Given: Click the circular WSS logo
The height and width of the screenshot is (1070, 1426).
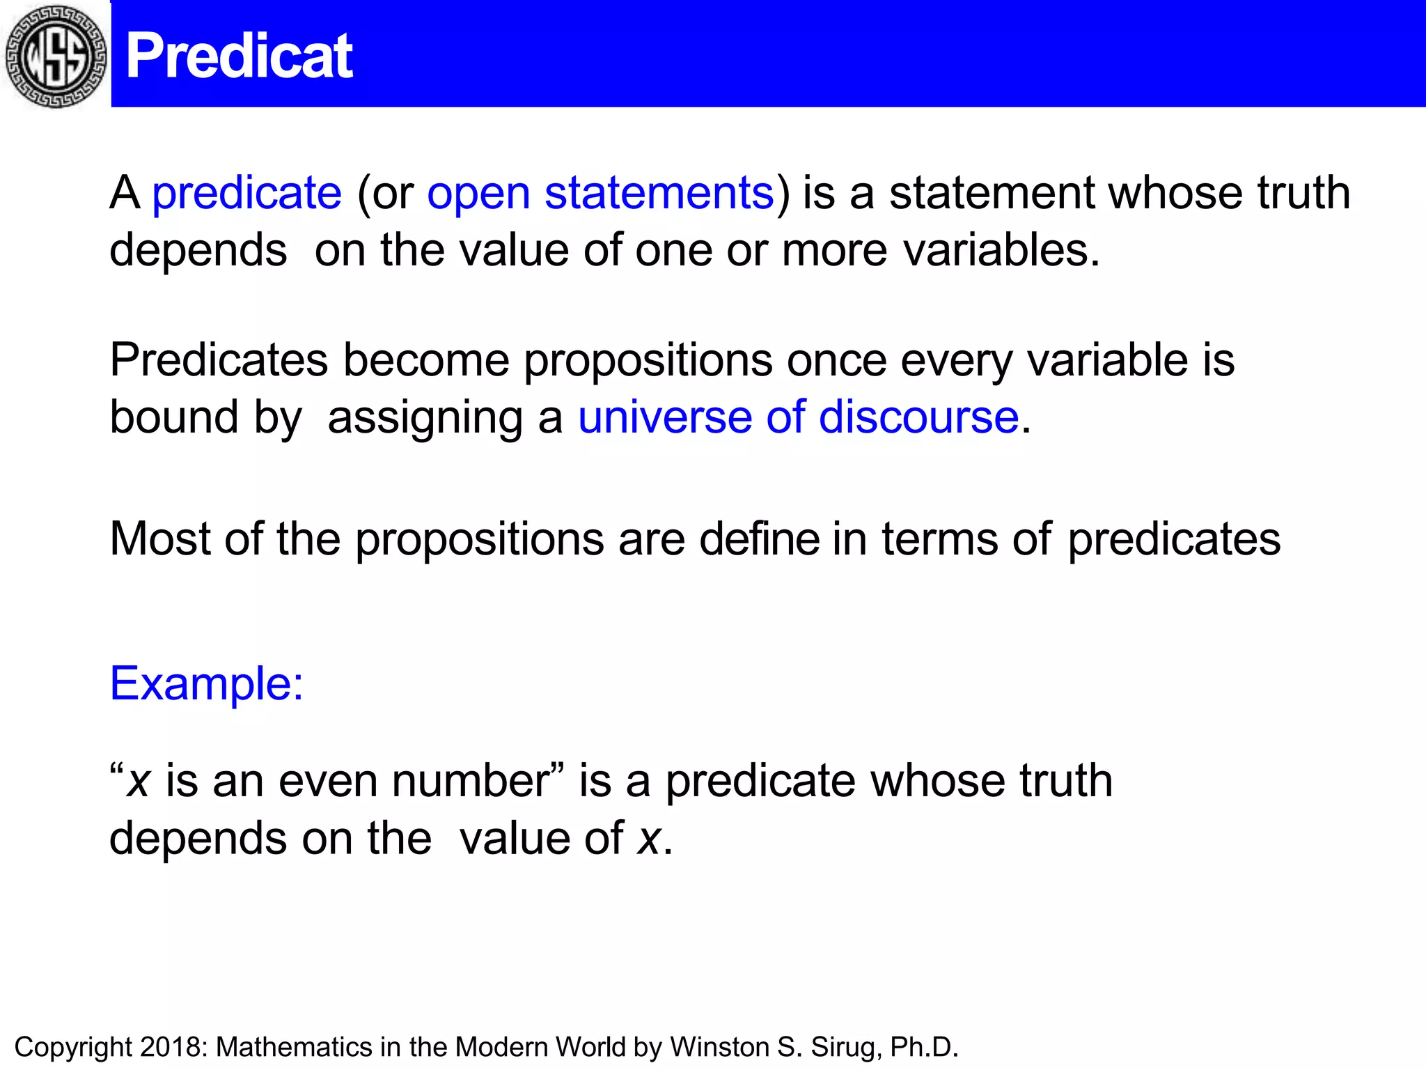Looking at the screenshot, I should pyautogui.click(x=56, y=56).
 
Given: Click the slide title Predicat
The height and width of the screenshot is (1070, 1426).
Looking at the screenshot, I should pyautogui.click(x=239, y=56).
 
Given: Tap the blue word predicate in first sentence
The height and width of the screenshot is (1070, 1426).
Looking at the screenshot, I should pyautogui.click(x=247, y=193).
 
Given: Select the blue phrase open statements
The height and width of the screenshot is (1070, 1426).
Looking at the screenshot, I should pyautogui.click(x=600, y=193).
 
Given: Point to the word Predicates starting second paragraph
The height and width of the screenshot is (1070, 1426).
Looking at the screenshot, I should pyautogui.click(x=219, y=361).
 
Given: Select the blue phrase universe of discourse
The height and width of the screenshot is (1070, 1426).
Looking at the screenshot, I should pyautogui.click(x=799, y=418).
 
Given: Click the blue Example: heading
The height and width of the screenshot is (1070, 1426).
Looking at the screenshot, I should pyautogui.click(x=207, y=683).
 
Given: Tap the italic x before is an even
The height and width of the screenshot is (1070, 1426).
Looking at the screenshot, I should pyautogui.click(x=138, y=782).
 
